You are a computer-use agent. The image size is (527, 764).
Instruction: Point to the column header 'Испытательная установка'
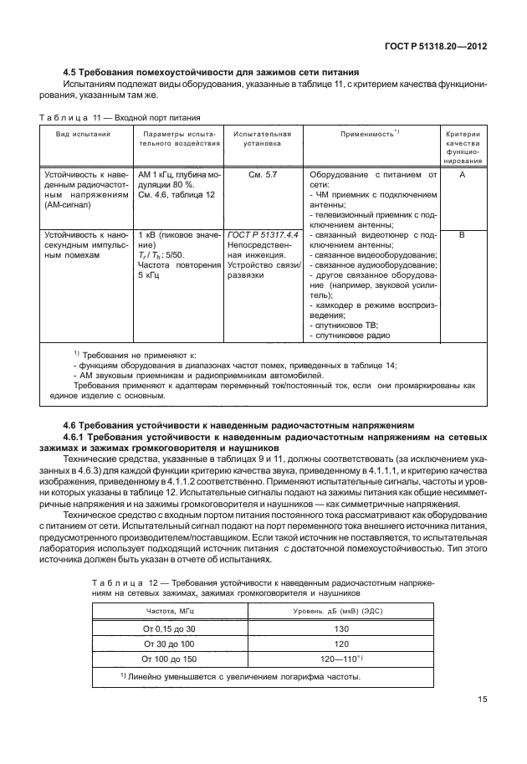tap(262, 138)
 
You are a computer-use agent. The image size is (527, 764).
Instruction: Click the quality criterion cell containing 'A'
tap(462, 175)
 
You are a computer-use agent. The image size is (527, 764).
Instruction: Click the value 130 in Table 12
tap(341, 628)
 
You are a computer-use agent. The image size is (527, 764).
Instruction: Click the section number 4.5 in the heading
tap(73, 72)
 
